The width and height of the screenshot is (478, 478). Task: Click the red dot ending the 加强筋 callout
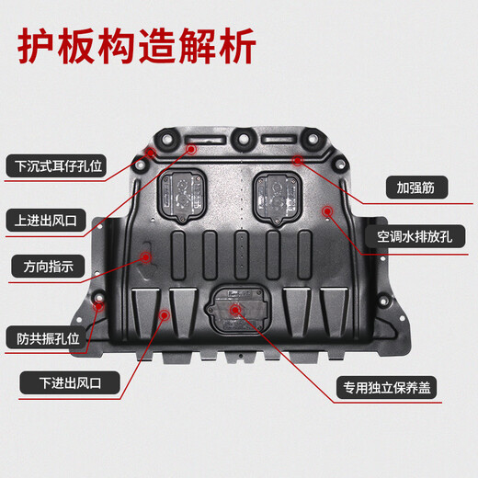click(x=298, y=160)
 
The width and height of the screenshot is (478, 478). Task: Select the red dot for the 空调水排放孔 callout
click(x=328, y=212)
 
